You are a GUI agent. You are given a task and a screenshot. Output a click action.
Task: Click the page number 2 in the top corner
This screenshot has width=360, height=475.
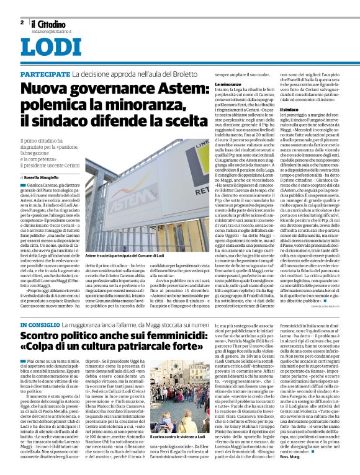click(x=22, y=22)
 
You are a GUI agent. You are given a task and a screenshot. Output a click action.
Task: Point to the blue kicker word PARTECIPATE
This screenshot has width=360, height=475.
click(x=44, y=74)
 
